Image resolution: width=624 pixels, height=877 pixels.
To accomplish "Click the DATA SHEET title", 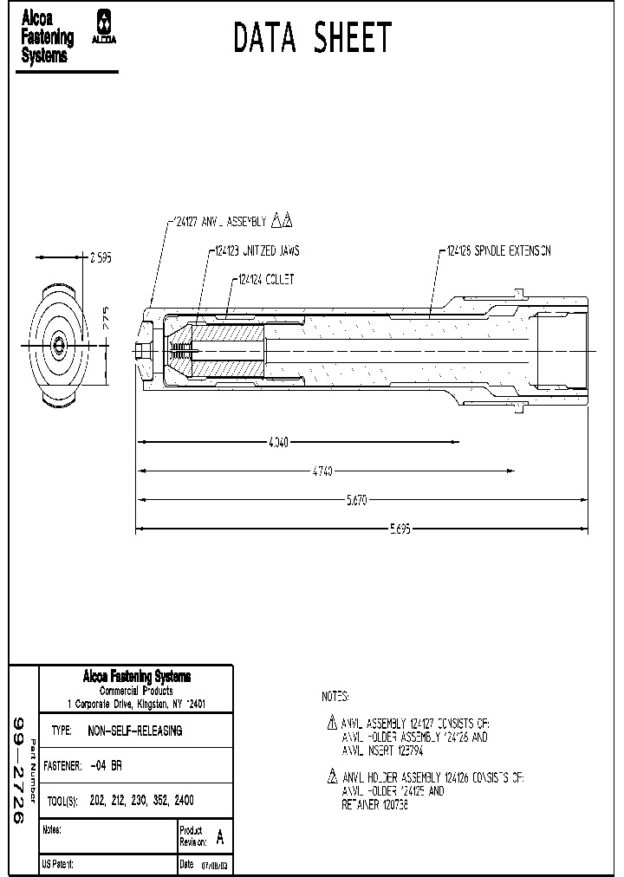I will click(313, 38).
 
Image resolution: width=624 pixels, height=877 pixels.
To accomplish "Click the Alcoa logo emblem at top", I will click(105, 27).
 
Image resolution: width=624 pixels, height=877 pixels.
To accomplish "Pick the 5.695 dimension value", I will click(400, 529).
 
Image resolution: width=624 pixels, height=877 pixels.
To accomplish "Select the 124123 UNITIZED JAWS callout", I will click(255, 251).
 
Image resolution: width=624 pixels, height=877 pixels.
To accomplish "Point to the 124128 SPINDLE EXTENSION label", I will click(498, 251).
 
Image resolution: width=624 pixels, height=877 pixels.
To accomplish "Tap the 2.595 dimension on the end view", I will click(101, 257).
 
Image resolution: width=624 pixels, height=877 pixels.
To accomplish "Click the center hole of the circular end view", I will click(58, 345).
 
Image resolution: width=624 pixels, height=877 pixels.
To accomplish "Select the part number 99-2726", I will click(19, 771).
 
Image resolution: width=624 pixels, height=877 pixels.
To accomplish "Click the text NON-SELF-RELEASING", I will click(135, 731).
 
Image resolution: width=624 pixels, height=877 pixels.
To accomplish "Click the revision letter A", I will click(219, 838).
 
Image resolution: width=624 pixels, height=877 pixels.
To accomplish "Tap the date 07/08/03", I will click(215, 865).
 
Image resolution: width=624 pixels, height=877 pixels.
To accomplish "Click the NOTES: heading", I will click(335, 696).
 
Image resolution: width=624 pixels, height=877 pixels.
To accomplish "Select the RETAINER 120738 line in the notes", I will click(374, 805).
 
